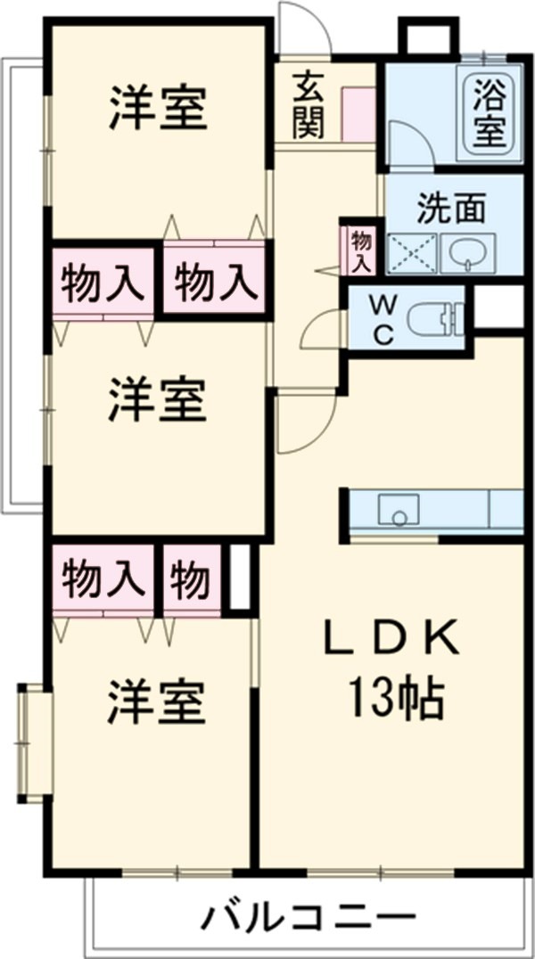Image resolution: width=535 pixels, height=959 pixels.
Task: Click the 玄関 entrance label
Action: pos(307,105)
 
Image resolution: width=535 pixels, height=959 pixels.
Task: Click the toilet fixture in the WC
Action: pos(435,317)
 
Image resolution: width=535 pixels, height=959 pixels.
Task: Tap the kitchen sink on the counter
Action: pos(393,511)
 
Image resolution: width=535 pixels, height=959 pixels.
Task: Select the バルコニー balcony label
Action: pos(308,916)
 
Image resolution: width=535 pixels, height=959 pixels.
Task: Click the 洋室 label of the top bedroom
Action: pos(160,109)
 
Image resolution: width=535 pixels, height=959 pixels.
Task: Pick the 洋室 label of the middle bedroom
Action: pos(159,400)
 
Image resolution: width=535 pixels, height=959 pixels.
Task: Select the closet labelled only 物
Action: pos(191,580)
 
